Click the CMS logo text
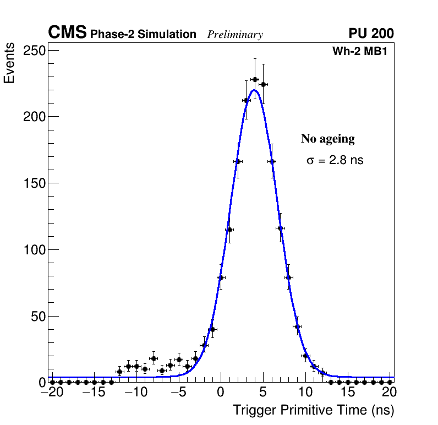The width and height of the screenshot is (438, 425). pyautogui.click(x=67, y=33)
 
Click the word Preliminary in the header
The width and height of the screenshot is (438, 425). pyautogui.click(x=235, y=35)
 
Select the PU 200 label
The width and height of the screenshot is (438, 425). pyautogui.click(x=371, y=34)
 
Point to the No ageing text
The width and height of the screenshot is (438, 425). pyautogui.click(x=327, y=139)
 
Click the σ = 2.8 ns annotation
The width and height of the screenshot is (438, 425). pyautogui.click(x=335, y=161)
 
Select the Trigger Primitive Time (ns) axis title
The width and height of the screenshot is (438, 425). pyautogui.click(x=314, y=410)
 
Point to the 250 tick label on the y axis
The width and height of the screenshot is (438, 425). pyautogui.click(x=34, y=51)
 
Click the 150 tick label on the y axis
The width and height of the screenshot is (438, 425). pyautogui.click(x=34, y=183)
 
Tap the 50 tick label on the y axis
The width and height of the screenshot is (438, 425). pyautogui.click(x=37, y=316)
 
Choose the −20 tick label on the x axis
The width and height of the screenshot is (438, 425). pyautogui.click(x=52, y=393)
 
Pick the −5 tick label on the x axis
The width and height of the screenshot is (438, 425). pyautogui.click(x=179, y=393)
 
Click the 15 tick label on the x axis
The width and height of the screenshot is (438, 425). pyautogui.click(x=348, y=393)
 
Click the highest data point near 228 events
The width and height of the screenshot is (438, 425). pyautogui.click(x=255, y=79)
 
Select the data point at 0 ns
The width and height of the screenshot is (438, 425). pyautogui.click(x=221, y=278)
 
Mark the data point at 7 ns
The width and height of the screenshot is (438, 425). pyautogui.click(x=280, y=228)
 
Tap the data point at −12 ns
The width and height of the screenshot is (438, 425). pyautogui.click(x=119, y=372)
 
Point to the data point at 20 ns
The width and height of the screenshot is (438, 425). pyautogui.click(x=390, y=382)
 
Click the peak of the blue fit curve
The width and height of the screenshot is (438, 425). pyautogui.click(x=254, y=90)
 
